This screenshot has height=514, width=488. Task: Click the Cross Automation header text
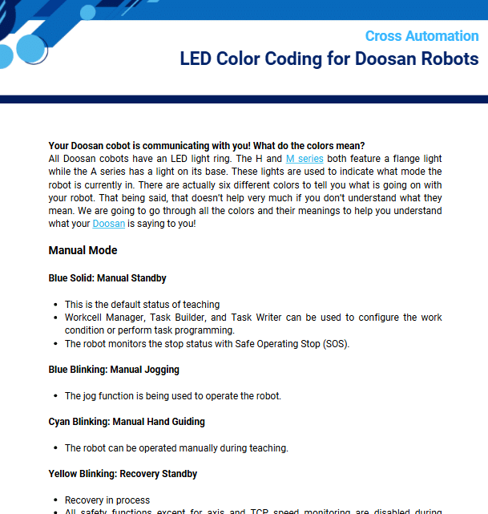421,36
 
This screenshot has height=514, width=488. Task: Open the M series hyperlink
304,159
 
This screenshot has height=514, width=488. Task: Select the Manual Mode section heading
83,250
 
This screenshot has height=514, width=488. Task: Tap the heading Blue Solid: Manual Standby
107,278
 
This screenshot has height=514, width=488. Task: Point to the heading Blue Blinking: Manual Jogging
114,370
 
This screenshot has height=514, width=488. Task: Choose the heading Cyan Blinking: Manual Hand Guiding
127,422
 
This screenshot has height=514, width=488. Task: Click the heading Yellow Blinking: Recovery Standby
123,474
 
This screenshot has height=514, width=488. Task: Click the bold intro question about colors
207,146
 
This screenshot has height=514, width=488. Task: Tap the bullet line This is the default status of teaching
142,305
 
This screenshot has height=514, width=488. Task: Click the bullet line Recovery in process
107,500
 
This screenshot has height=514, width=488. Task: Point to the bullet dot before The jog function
54,396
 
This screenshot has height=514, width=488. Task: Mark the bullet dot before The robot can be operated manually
54,448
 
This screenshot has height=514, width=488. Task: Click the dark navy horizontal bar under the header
244,99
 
